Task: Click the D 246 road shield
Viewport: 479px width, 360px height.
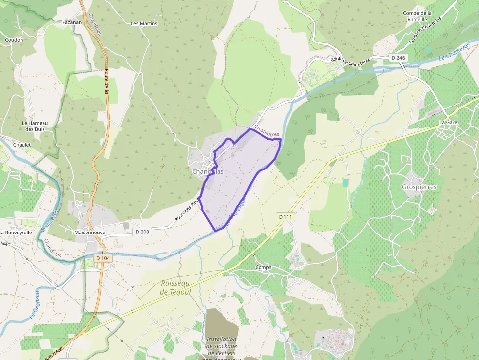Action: (398, 58)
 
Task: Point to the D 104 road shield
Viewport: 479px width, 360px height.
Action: (103, 258)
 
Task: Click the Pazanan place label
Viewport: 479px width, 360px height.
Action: (72, 22)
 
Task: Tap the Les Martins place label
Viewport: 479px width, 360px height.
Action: (145, 23)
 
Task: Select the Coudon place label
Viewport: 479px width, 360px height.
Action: (14, 40)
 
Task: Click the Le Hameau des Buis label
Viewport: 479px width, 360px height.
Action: (33, 126)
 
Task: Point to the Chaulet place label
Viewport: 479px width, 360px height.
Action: (22, 145)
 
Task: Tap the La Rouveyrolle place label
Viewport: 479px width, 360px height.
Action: (16, 233)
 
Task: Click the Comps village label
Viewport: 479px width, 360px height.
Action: (263, 267)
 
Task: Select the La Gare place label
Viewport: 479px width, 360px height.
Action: (448, 122)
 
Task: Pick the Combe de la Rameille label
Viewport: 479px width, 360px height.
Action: (417, 16)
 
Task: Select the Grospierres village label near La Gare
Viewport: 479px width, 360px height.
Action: (419, 187)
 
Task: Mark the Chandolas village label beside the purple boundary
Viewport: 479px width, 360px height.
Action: (208, 171)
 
